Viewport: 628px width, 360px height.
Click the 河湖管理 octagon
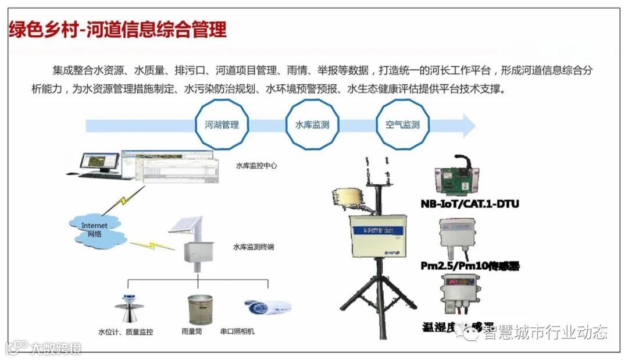[221, 124]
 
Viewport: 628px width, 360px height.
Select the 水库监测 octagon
[312, 124]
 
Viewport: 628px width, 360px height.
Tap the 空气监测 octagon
[402, 124]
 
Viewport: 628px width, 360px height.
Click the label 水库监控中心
[256, 165]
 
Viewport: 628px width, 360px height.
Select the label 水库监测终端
[254, 247]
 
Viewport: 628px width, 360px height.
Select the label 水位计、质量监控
[126, 332]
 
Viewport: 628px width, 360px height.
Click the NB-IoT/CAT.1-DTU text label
[469, 204]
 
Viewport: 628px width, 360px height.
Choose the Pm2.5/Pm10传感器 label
[470, 266]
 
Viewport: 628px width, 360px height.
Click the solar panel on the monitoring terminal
[185, 226]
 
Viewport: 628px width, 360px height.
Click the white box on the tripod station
[377, 236]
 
